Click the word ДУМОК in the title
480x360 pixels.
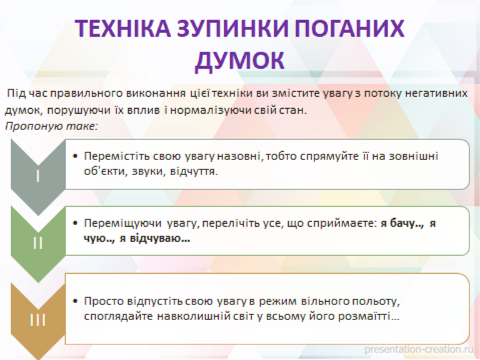click(x=240, y=61)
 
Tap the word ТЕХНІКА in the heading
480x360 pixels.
click(x=122, y=28)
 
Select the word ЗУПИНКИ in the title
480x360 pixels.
click(x=232, y=28)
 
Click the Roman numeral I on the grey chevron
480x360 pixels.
click(x=37, y=176)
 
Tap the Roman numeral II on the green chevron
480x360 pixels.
click(x=37, y=243)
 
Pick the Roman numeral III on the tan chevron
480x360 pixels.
click(x=37, y=320)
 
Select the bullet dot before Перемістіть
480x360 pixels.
click(x=76, y=156)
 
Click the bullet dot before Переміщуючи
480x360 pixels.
click(x=76, y=223)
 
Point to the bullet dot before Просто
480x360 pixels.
click(x=76, y=301)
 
